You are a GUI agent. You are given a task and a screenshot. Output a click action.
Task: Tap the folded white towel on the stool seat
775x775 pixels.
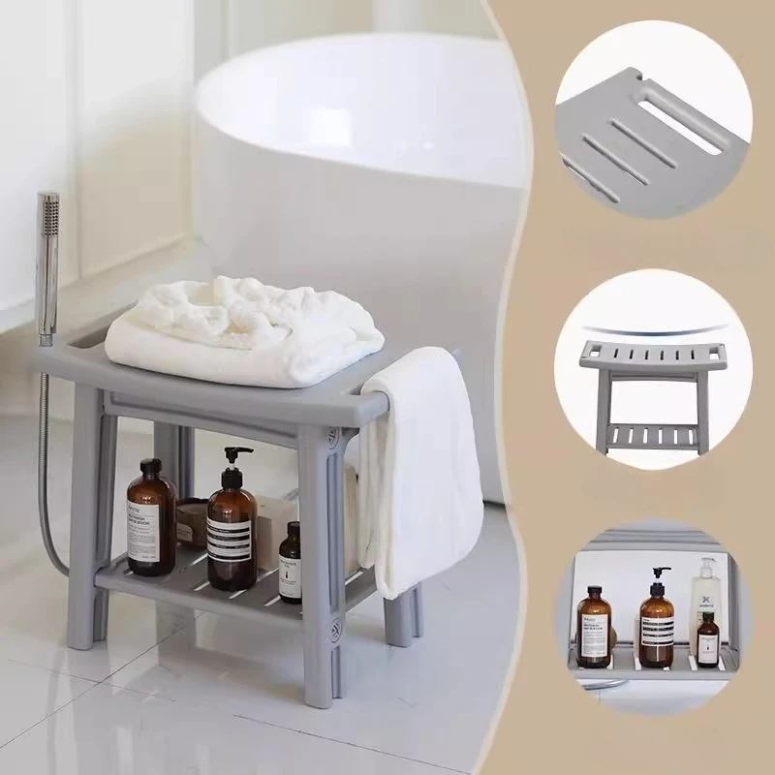242,329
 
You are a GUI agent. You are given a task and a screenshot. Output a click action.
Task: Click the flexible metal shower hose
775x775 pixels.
46,465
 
